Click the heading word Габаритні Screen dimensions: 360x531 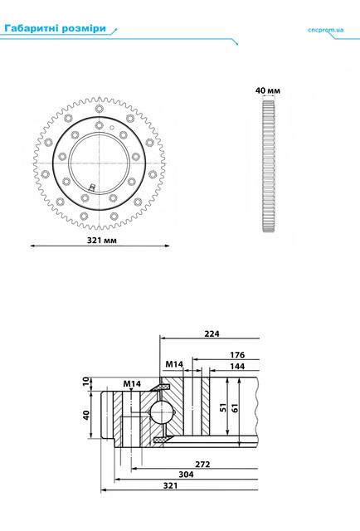tap(32, 28)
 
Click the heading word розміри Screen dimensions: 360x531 tap(85, 29)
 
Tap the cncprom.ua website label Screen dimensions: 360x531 tap(325, 30)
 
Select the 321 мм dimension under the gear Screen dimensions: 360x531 tap(101, 240)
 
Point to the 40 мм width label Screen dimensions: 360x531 tap(268, 90)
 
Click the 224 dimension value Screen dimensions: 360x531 tap(212, 334)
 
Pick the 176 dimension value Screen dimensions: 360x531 tap(237, 355)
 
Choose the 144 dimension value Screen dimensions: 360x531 tap(237, 367)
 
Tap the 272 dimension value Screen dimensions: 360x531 tap(202, 465)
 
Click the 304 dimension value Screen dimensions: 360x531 tap(186, 475)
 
